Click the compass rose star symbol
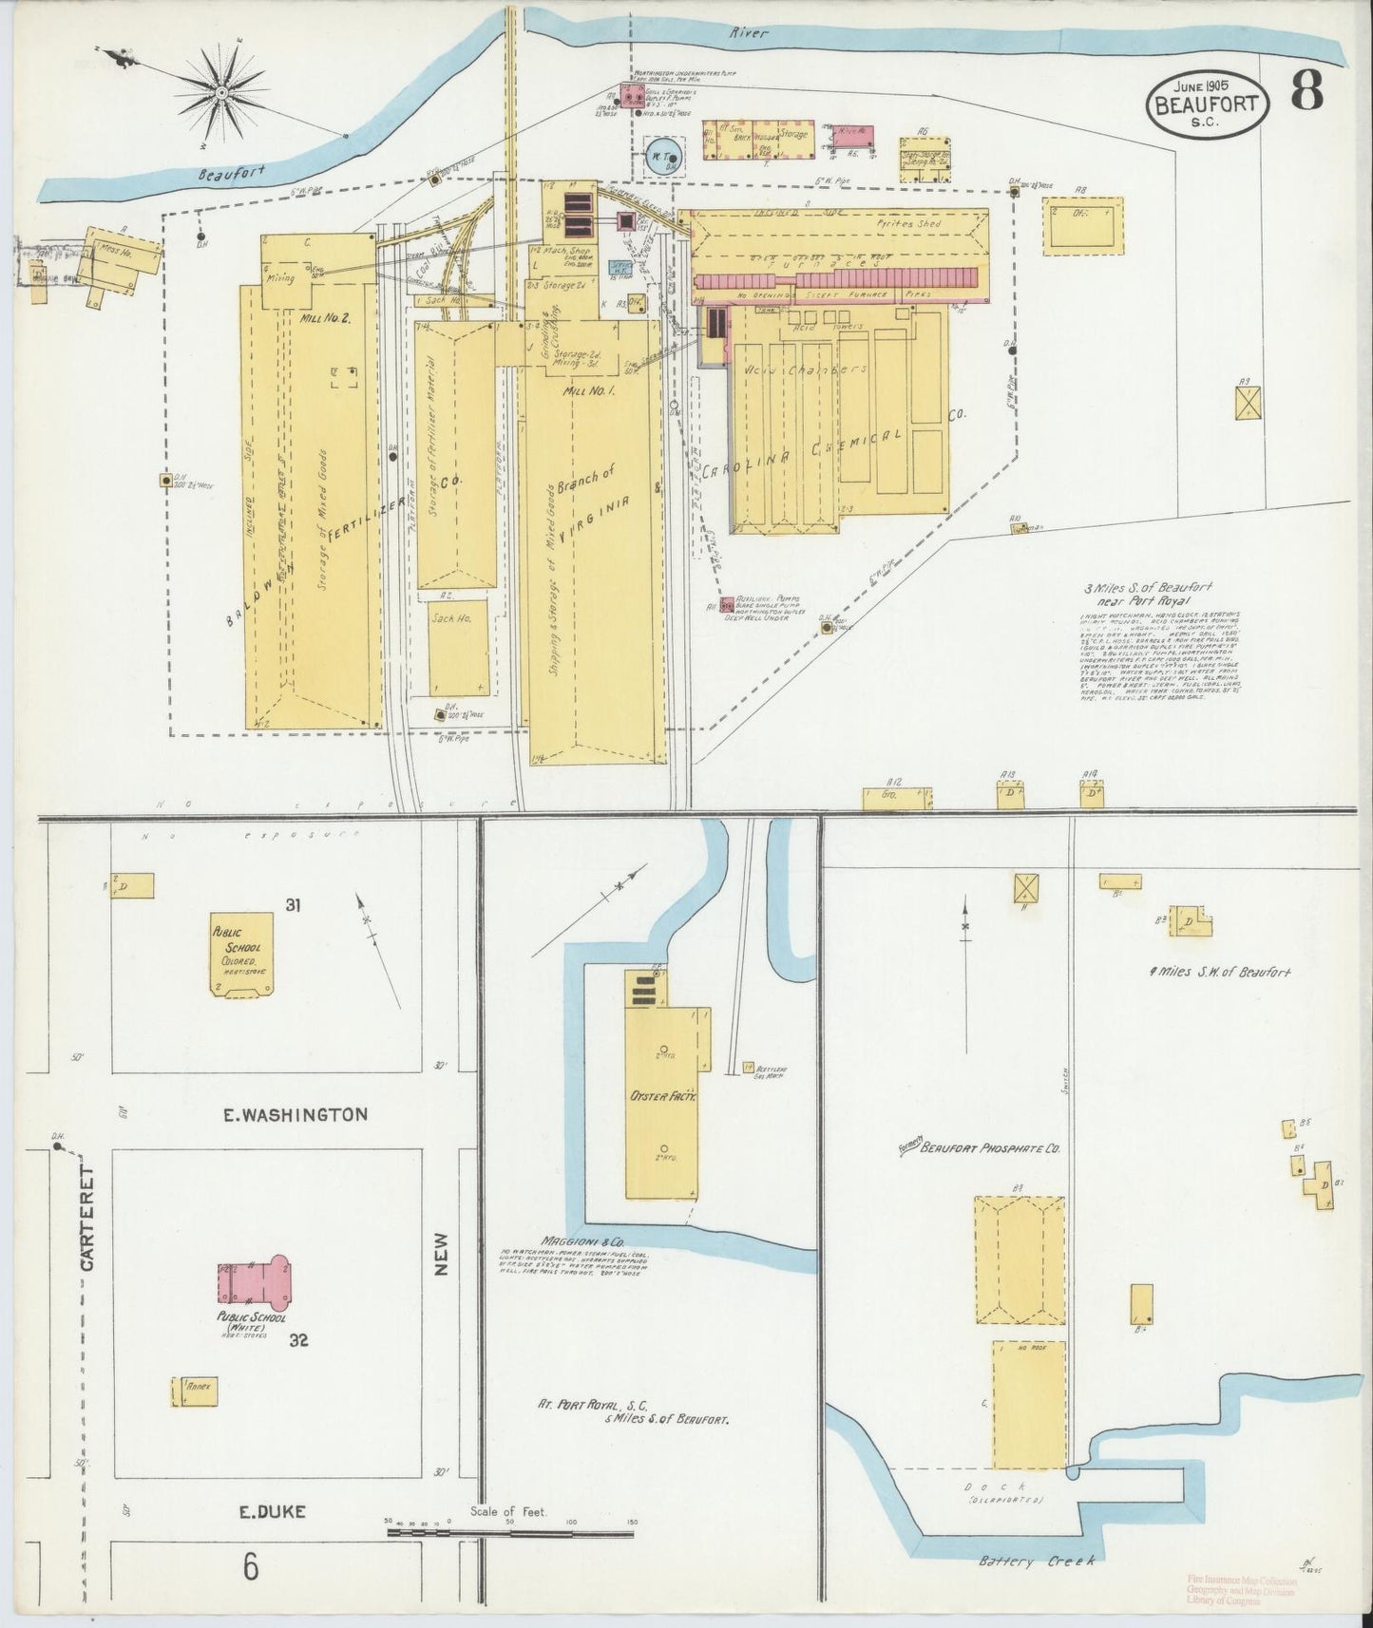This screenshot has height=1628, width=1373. [220, 93]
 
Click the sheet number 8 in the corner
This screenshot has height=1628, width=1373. [1308, 92]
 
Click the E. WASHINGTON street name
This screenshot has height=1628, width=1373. [295, 1114]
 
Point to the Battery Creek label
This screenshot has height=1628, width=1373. [1036, 1561]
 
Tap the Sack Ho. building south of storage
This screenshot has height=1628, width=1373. [458, 646]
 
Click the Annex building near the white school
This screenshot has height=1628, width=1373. [196, 1391]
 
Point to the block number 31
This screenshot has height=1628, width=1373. [293, 905]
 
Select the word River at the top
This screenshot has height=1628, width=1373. [748, 33]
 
